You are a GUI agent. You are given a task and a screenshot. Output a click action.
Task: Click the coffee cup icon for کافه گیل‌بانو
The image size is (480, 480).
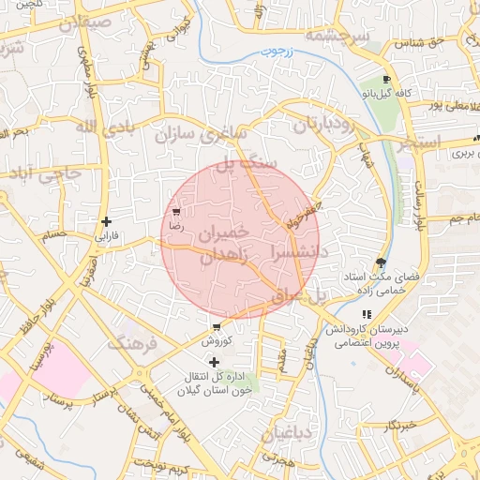(386, 80)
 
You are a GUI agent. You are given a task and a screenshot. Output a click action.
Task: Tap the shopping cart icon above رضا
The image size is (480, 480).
(175, 213)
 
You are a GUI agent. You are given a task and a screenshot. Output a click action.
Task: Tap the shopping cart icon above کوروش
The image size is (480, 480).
(217, 328)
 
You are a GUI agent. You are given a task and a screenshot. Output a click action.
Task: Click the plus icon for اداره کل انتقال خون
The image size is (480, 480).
(214, 362)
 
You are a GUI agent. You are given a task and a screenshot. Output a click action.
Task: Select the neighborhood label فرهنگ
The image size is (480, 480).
(134, 341)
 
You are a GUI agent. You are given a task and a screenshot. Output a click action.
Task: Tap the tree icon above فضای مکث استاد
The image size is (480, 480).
(380, 262)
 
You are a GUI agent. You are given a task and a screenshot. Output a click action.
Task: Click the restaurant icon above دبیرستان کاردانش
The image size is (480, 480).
(365, 315)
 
